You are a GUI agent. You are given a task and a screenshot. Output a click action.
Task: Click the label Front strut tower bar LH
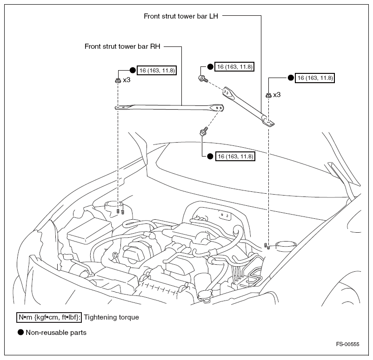pyautogui.click(x=181, y=15)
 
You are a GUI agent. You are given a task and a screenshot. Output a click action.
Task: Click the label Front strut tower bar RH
pyautogui.click(x=122, y=46)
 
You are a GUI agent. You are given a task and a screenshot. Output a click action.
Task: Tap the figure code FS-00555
pyautogui.click(x=348, y=344)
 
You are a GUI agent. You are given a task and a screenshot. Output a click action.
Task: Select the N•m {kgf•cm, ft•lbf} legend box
pyautogui.click(x=49, y=317)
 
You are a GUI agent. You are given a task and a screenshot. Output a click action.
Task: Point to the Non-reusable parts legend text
pyautogui.click(x=56, y=332)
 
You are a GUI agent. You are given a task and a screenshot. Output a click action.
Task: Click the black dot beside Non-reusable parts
pyautogui.click(x=20, y=332)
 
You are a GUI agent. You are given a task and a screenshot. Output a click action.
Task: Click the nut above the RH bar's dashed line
pyautogui.click(x=118, y=81)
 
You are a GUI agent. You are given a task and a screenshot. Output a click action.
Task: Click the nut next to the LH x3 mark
pyautogui.click(x=268, y=95)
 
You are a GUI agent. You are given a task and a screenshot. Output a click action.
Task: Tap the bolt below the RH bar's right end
pyautogui.click(x=203, y=132)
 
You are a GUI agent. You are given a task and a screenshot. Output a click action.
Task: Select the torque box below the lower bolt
pyautogui.click(x=235, y=157)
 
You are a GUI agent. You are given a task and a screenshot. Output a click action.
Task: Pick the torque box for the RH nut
pyautogui.click(x=157, y=71)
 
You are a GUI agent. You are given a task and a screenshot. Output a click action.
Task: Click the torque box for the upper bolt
pyautogui.click(x=235, y=67)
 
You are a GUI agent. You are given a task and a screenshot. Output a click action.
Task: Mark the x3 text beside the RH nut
pyautogui.click(x=127, y=80)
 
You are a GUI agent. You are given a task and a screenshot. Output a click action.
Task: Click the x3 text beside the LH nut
pyautogui.click(x=277, y=95)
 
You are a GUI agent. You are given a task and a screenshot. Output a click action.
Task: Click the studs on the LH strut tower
pyautogui.click(x=267, y=245)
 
